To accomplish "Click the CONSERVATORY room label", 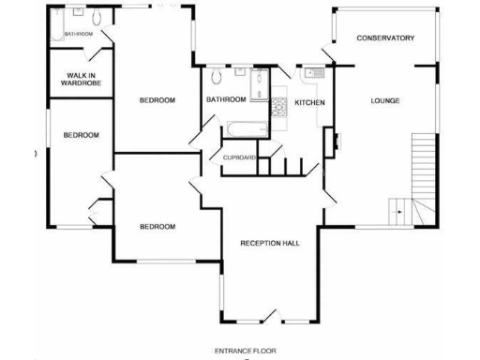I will tap(385, 37).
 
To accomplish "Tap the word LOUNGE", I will tap(384, 100).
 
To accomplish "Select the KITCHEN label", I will tap(309, 101).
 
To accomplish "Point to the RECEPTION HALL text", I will tap(270, 243).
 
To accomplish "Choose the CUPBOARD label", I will tap(240, 157).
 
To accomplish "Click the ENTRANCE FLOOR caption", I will tap(245, 351).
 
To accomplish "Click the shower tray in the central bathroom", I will tap(258, 77).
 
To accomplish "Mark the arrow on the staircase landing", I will tap(400, 212).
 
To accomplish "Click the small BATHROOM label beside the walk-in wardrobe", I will tap(78, 35).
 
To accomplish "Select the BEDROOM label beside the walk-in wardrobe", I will tap(157, 100).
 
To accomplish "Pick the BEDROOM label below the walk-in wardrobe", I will tap(81, 135).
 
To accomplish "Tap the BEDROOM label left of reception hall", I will tap(157, 226).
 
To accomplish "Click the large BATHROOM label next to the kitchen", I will tap(225, 99).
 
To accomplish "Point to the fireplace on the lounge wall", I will tap(329, 140).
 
